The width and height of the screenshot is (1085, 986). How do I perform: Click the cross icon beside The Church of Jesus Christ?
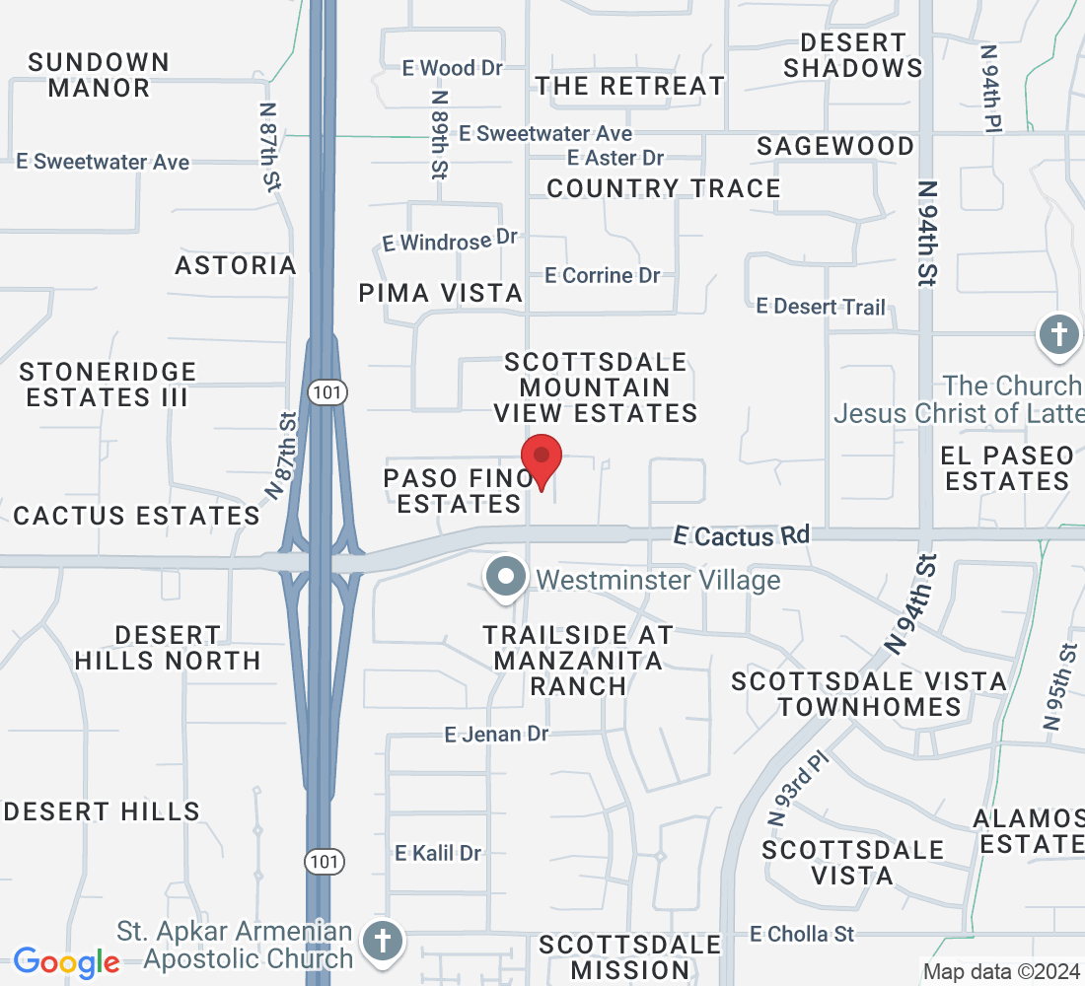click(x=1059, y=335)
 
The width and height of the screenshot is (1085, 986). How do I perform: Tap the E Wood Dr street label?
click(x=453, y=68)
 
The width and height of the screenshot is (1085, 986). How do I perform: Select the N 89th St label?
click(x=439, y=134)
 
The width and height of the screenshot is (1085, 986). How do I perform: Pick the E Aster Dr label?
click(x=616, y=158)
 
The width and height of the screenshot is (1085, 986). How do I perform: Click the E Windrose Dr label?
click(x=451, y=240)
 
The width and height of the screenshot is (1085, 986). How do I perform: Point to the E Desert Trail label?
click(x=821, y=307)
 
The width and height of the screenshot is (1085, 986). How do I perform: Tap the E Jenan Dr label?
click(x=496, y=735)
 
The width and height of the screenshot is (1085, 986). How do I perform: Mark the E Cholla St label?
click(x=802, y=933)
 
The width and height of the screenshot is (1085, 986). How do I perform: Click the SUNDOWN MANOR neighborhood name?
click(x=99, y=75)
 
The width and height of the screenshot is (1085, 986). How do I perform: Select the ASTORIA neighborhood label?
click(x=236, y=265)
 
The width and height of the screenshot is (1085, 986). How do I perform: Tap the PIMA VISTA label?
click(x=441, y=293)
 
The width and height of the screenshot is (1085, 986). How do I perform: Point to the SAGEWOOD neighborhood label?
click(x=835, y=146)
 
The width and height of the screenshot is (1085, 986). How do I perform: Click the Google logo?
click(x=66, y=962)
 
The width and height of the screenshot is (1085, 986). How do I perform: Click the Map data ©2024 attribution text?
click(x=1000, y=971)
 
